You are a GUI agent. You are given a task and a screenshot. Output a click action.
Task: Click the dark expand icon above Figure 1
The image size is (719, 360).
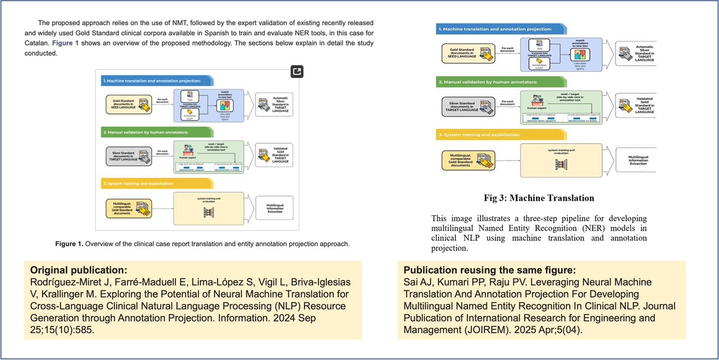[x=297, y=71]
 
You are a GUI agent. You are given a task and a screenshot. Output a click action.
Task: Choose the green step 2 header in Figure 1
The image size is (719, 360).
[x=146, y=130]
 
